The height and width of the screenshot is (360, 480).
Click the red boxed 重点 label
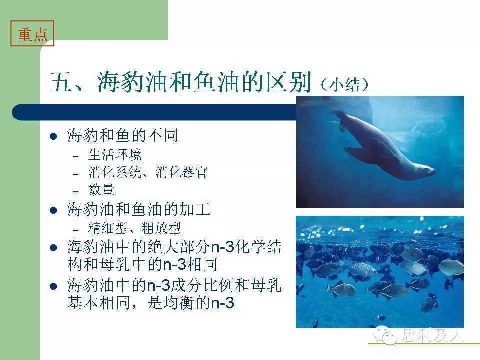click(32, 33)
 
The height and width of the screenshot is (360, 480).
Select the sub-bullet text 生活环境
click(115, 155)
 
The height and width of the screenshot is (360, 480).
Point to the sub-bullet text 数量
click(101, 190)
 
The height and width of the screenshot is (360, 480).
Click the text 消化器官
click(181, 172)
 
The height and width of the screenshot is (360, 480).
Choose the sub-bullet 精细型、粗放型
click(134, 228)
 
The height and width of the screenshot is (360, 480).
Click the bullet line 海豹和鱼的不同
click(123, 135)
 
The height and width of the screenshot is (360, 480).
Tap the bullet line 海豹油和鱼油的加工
click(139, 209)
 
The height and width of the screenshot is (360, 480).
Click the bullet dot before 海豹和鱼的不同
click(53, 136)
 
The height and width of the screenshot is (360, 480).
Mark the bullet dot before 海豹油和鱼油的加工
click(53, 210)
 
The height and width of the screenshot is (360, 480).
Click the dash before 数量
click(76, 192)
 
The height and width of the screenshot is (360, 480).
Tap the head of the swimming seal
click(425, 170)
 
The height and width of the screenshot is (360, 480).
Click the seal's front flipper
click(356, 152)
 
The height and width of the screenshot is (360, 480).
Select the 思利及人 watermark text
click(432, 335)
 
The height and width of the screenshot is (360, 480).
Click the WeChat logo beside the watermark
click(385, 335)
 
